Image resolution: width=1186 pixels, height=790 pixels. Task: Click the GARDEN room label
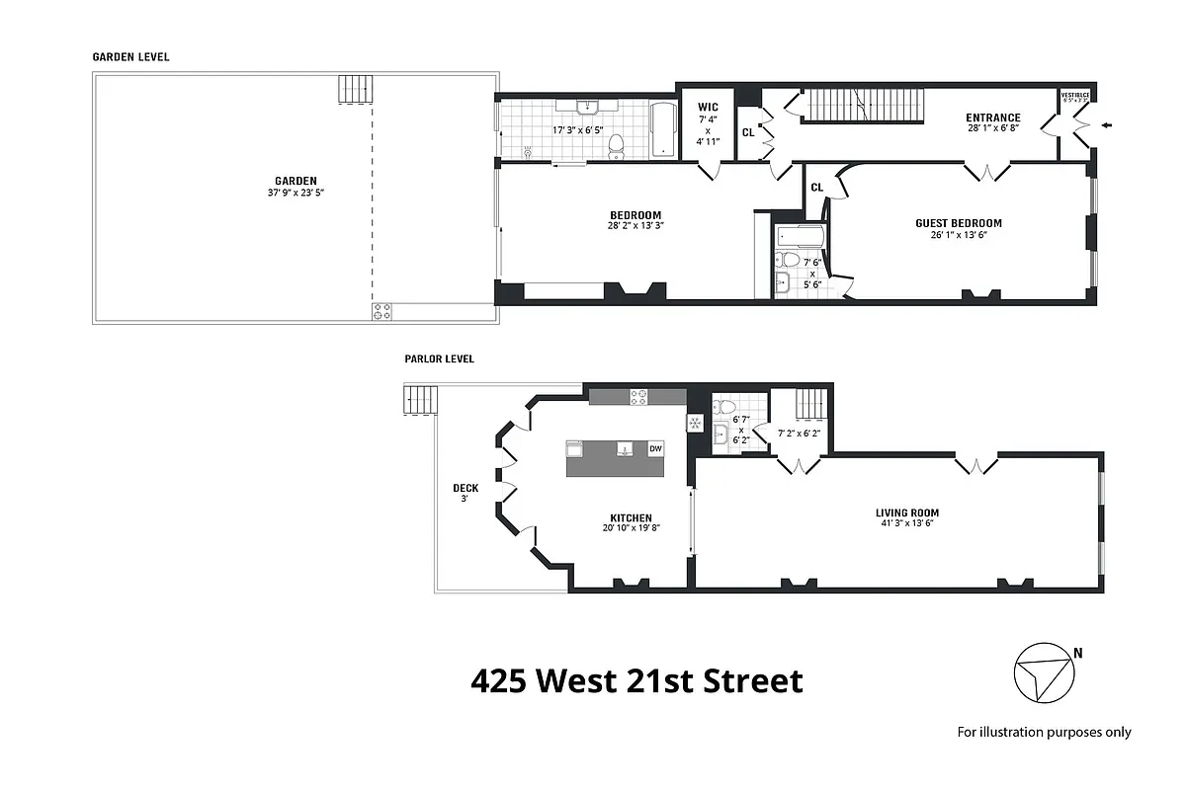pos(296,181)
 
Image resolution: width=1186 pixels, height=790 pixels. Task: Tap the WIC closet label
pos(708,107)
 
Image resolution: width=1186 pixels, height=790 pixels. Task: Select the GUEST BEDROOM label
pos(958,223)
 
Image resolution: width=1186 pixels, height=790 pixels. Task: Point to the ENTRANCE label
pos(992,118)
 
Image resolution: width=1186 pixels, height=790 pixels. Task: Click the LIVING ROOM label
pos(906,513)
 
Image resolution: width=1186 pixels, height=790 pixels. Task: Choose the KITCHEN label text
pos(630,517)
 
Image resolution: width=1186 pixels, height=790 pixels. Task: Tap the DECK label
pos(466,487)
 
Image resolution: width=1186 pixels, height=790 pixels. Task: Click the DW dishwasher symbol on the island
pos(654,449)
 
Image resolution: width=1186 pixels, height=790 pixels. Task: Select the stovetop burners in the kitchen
pos(639,396)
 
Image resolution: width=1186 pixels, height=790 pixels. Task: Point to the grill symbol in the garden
pos(382,311)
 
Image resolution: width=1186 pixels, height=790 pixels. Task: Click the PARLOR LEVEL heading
pos(438,358)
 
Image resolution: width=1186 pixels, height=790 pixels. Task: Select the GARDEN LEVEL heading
pos(130,57)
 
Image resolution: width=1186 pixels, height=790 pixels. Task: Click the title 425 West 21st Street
pos(636,681)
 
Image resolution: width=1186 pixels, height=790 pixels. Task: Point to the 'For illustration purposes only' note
pos(1044,732)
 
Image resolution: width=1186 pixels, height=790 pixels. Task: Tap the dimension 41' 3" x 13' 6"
pos(906,524)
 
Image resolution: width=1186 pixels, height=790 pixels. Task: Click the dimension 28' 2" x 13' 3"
pos(635,226)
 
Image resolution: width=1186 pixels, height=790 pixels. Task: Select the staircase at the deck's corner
pos(420,400)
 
